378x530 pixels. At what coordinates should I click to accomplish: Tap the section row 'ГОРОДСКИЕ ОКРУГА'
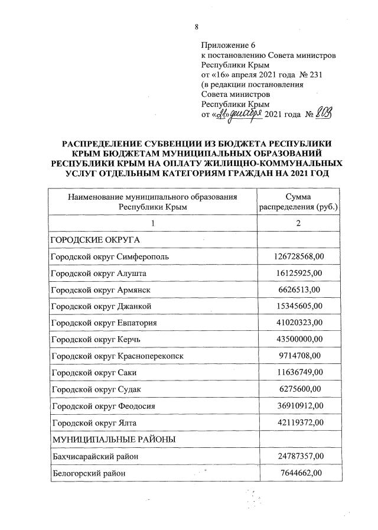[89, 240]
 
